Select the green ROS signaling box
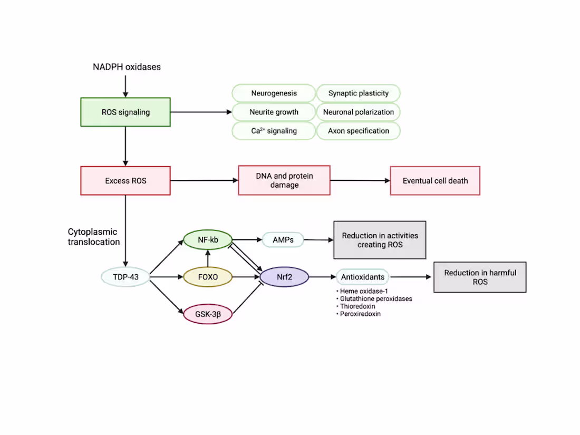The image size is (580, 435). pyautogui.click(x=125, y=112)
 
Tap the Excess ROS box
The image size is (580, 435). pyautogui.click(x=125, y=181)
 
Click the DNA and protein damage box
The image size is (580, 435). pyautogui.click(x=284, y=180)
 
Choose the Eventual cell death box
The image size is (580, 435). pyautogui.click(x=435, y=181)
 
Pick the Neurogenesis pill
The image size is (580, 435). pyautogui.click(x=274, y=93)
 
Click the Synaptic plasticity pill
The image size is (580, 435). pyautogui.click(x=359, y=93)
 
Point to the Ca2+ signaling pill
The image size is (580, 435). pyautogui.click(x=274, y=131)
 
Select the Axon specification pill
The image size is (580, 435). pyautogui.click(x=359, y=131)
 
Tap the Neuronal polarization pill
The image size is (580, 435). pyautogui.click(x=359, y=112)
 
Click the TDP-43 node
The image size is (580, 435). pyautogui.click(x=125, y=277)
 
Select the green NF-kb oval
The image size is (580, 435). pyautogui.click(x=208, y=240)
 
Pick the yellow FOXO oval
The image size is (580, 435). pyautogui.click(x=208, y=277)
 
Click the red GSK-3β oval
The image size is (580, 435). pyautogui.click(x=208, y=314)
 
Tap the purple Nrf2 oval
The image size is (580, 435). pyautogui.click(x=285, y=277)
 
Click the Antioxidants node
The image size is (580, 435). pyautogui.click(x=362, y=277)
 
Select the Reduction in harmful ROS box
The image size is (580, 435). pyautogui.click(x=480, y=277)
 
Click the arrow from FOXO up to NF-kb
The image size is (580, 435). pyautogui.click(x=208, y=258)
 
